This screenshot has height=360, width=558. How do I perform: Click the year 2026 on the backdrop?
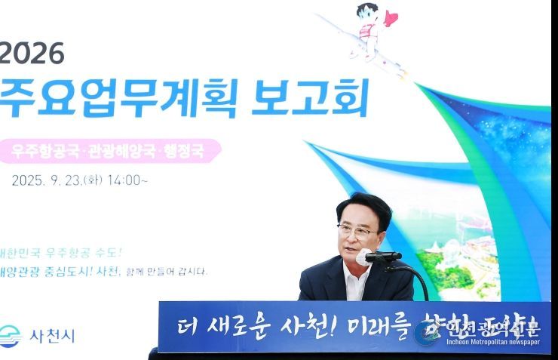coord(32,53)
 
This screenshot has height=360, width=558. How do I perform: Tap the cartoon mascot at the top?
coord(365,31)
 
